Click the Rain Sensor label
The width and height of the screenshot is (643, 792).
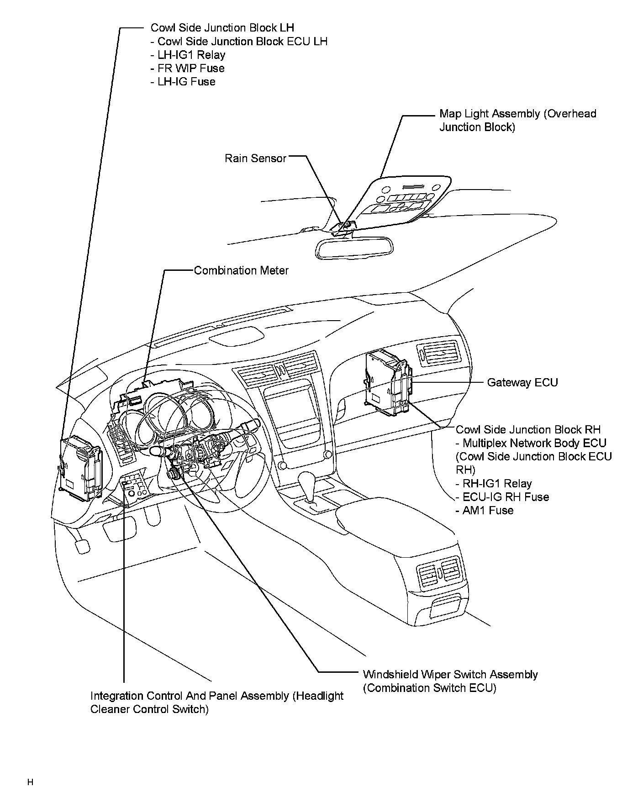255,158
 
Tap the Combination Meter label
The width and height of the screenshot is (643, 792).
241,270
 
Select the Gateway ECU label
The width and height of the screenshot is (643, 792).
522,382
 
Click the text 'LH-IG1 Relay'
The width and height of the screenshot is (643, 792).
188,55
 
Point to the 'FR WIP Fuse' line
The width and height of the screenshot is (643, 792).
188,69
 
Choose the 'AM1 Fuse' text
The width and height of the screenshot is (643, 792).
485,510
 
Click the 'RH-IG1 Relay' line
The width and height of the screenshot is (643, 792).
494,483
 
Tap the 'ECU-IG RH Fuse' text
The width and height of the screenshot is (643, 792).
503,497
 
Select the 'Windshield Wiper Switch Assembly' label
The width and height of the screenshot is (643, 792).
450,675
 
